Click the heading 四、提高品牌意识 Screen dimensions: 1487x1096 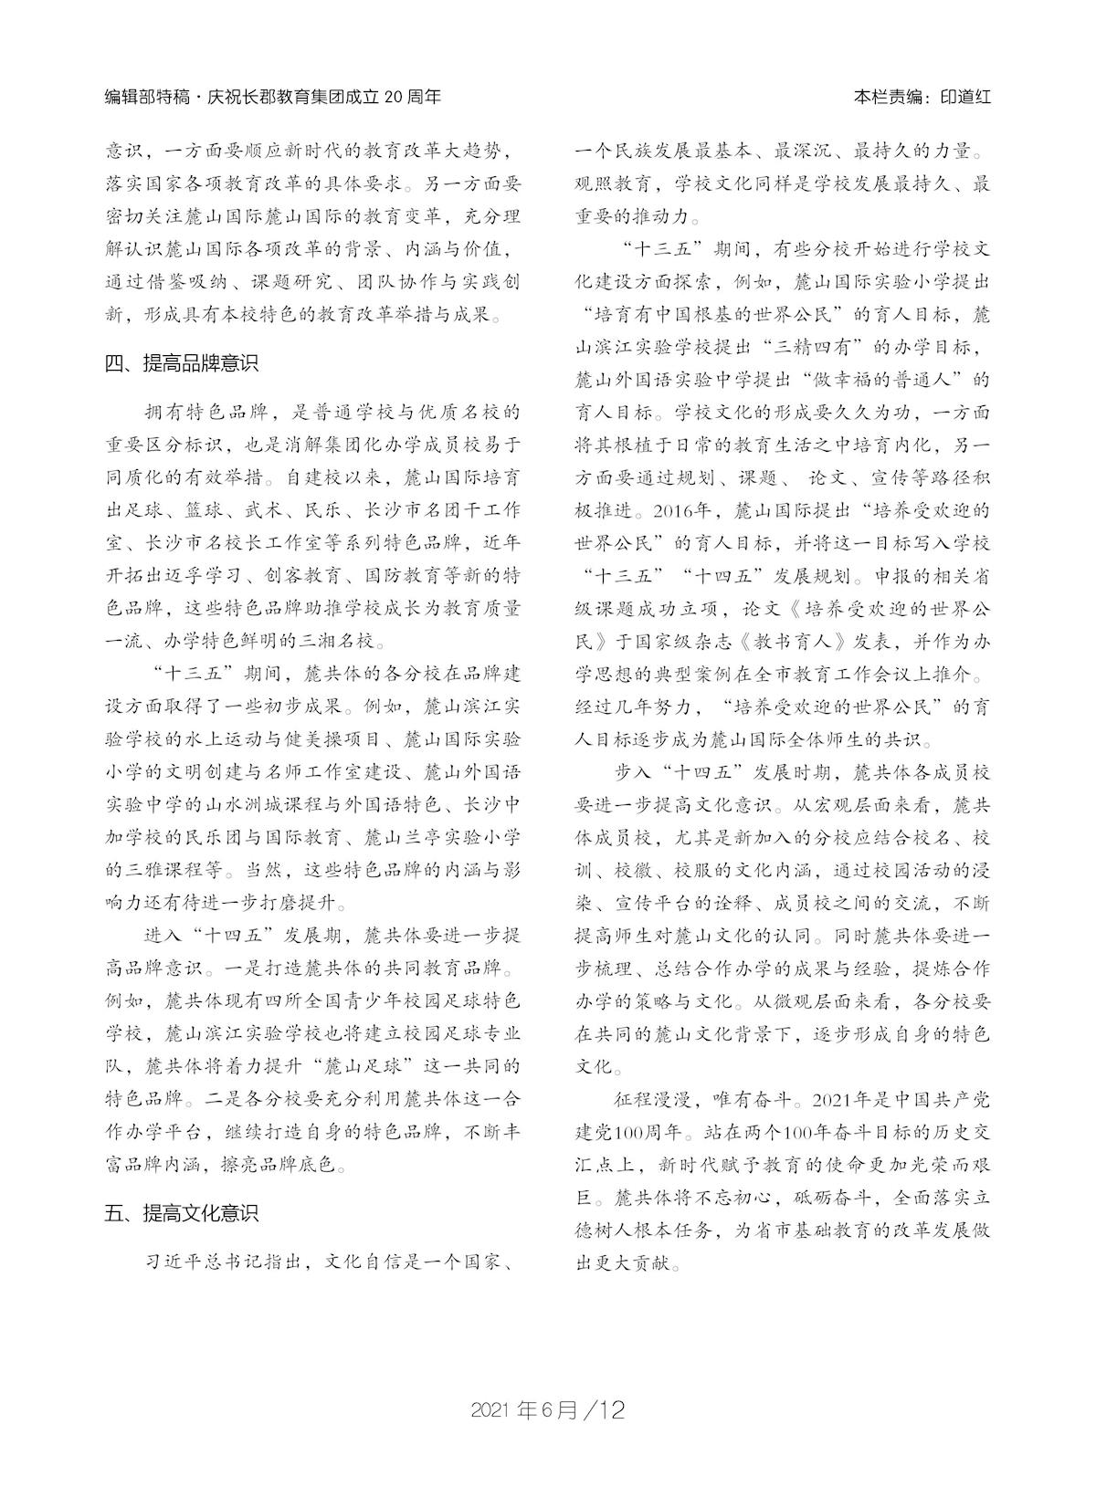point(182,362)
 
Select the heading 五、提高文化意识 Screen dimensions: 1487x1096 point(182,1213)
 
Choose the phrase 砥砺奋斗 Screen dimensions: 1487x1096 point(834,1196)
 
